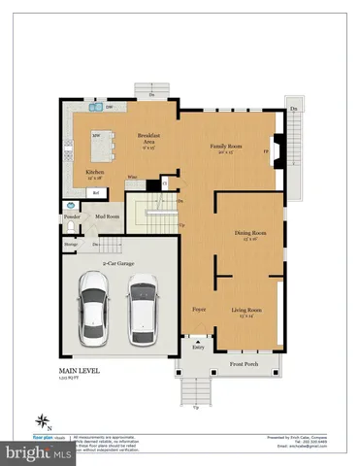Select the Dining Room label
[250, 235]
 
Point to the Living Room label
[246, 312]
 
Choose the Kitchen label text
[95, 174]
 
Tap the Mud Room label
[107, 216]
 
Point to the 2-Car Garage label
[118, 263]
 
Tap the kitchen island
[101, 147]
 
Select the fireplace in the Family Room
[275, 150]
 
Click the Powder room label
[70, 216]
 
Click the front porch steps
[197, 389]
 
